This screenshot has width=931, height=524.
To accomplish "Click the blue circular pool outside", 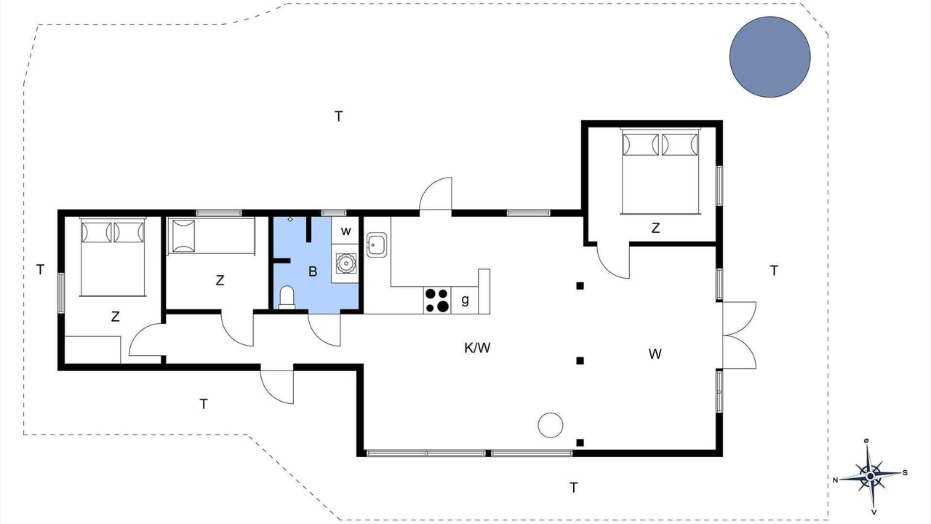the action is (x=770, y=57).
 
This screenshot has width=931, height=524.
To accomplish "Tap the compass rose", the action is (x=871, y=476).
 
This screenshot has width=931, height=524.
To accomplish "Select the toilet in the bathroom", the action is (x=287, y=297).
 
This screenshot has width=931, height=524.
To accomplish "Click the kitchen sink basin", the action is (x=377, y=245).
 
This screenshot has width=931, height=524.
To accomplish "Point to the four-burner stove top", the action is (x=437, y=300).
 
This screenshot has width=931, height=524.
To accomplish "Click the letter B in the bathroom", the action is (x=313, y=271).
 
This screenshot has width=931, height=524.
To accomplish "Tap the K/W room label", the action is (x=477, y=348).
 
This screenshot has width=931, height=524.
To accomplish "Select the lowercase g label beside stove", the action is (x=465, y=299).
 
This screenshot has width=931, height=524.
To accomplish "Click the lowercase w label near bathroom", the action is (x=345, y=231).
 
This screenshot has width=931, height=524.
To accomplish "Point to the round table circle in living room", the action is (x=551, y=425).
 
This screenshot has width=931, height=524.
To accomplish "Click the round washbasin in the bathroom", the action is (x=345, y=263).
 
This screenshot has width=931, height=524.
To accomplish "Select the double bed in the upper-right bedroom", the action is (x=660, y=171).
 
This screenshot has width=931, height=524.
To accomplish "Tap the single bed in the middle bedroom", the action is (x=211, y=236).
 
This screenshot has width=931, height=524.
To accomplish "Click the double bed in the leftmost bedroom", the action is (x=113, y=257).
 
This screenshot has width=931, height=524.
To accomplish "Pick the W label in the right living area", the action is (x=655, y=354).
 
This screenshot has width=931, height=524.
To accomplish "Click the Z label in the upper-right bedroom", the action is (x=655, y=228).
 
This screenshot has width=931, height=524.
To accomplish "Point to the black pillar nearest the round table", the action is (x=580, y=442).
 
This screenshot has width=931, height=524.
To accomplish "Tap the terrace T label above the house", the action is (x=339, y=116).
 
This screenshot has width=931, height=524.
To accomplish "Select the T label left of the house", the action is (x=40, y=270).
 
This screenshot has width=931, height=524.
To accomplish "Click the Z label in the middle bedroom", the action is (x=220, y=280).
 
